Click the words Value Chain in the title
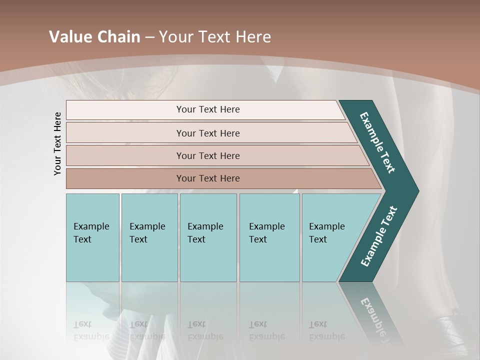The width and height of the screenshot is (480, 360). [x=94, y=37]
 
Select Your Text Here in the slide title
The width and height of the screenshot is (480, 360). [x=215, y=37]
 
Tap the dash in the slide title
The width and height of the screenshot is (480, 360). [x=149, y=37]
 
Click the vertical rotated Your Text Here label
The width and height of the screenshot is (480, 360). [x=57, y=143]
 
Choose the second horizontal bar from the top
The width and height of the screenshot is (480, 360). [x=207, y=133]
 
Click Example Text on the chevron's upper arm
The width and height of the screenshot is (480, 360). [x=377, y=142]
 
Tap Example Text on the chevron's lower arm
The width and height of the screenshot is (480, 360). [x=379, y=236]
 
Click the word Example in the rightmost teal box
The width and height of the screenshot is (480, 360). [x=326, y=226]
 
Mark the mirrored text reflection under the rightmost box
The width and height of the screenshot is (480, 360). [x=326, y=330]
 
